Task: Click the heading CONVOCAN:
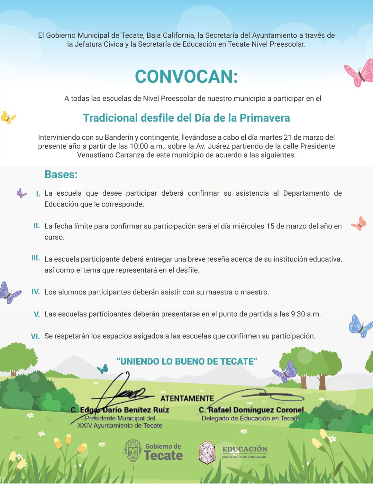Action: click(186, 77)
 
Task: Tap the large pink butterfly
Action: click(360, 73)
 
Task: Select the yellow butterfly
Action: click(8, 117)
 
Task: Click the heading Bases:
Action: click(61, 175)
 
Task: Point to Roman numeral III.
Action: click(36, 258)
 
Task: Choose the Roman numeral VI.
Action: click(35, 336)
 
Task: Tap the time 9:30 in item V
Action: click(298, 314)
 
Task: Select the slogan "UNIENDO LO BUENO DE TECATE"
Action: click(187, 361)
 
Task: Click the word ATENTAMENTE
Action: click(187, 398)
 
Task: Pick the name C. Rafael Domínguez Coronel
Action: click(251, 410)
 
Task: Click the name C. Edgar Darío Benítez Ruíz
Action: click(120, 410)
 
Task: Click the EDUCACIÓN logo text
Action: click(245, 449)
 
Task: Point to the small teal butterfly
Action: click(102, 368)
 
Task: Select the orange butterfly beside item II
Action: click(359, 223)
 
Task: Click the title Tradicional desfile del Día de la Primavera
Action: click(186, 118)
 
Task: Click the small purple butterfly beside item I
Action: click(21, 193)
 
